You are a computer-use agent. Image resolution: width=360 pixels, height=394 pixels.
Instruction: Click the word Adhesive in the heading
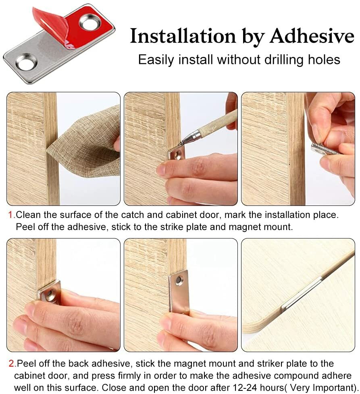312,36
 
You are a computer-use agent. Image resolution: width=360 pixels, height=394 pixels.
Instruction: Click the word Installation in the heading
183,36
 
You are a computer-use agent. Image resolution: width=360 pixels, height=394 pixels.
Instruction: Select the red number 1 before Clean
10,215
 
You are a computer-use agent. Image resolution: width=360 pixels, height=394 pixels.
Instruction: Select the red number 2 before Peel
11,364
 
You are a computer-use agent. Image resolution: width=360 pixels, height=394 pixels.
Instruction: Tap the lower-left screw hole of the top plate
26,62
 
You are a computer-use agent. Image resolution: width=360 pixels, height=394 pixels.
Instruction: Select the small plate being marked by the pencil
177,155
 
